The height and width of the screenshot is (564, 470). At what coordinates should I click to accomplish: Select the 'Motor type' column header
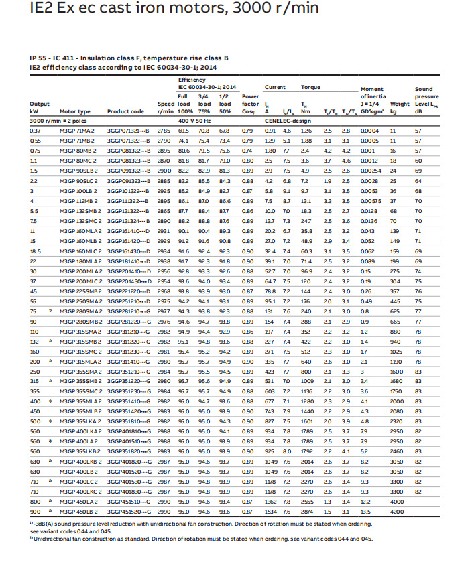pos(74,112)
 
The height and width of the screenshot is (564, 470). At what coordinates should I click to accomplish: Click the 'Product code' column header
pos(125,112)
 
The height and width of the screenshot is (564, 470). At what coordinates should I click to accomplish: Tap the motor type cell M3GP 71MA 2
pos(77,130)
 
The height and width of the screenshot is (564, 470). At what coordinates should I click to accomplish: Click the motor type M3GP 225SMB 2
pos(80,291)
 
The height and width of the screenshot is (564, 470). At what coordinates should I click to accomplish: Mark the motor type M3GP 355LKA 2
pos(80,421)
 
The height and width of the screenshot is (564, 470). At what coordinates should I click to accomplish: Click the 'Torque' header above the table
pos(310,88)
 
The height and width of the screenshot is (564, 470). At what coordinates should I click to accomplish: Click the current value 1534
pos(270,512)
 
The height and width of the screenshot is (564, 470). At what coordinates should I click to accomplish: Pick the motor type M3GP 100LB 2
pos(78,190)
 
